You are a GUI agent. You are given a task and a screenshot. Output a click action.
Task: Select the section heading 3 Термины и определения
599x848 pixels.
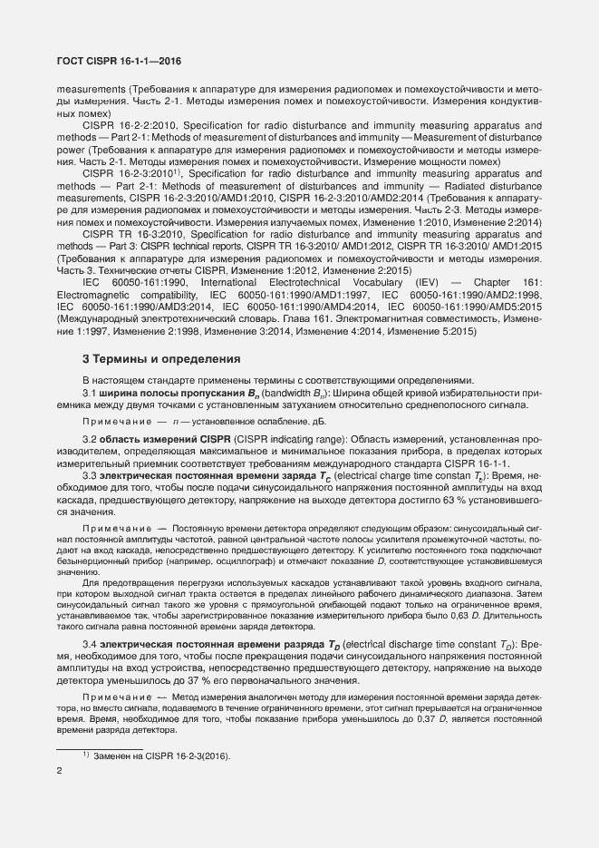pyautogui.click(x=161, y=358)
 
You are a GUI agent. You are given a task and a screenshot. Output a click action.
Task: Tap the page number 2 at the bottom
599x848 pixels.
pyautogui.click(x=59, y=772)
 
